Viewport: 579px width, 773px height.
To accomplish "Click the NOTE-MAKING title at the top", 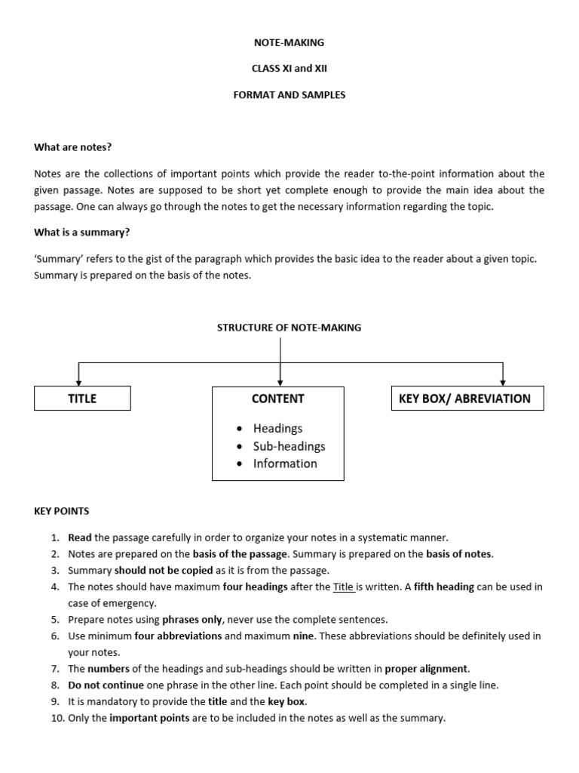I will pyautogui.click(x=289, y=43).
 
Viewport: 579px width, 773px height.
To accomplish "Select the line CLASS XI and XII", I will pyautogui.click(x=289, y=68).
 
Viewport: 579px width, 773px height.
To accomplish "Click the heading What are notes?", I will pyautogui.click(x=72, y=147).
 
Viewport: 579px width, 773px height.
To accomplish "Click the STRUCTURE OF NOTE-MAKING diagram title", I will pyautogui.click(x=289, y=328).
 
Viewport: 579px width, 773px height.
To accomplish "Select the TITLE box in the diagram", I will pyautogui.click(x=82, y=399).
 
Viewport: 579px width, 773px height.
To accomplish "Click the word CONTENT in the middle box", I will pyautogui.click(x=278, y=399).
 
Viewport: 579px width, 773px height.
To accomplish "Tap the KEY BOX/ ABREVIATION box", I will pyautogui.click(x=467, y=399).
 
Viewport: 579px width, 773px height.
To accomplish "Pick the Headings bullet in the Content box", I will pyautogui.click(x=277, y=428).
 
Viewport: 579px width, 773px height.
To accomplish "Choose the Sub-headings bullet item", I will pyautogui.click(x=289, y=446).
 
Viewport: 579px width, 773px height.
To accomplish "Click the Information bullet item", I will pyautogui.click(x=285, y=463).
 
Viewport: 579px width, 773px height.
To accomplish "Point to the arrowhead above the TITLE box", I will pyautogui.click(x=79, y=381).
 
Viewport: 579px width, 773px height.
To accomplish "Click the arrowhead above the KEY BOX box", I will pyautogui.click(x=503, y=381).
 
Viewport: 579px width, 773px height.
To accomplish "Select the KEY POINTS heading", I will pyautogui.click(x=61, y=511).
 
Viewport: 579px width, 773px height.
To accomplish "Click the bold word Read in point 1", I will pyautogui.click(x=79, y=537).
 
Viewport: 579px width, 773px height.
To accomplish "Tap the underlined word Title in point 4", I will pyautogui.click(x=344, y=587).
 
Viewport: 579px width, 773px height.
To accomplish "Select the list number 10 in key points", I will pyautogui.click(x=57, y=719).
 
